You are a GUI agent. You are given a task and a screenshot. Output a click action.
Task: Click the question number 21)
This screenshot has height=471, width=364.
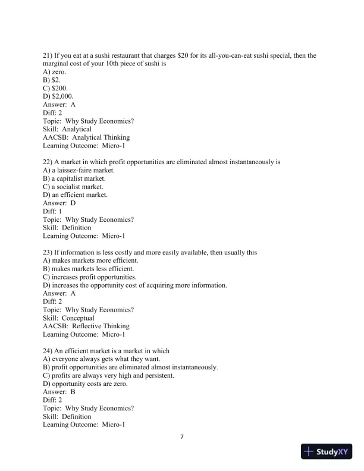[x=48, y=56]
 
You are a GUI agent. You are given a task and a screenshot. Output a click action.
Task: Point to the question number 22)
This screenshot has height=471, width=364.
[x=48, y=162]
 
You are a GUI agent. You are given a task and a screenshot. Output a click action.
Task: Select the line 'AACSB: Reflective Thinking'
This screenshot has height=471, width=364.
[x=86, y=326]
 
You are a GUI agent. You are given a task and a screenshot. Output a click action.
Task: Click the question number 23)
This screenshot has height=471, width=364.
[x=48, y=253]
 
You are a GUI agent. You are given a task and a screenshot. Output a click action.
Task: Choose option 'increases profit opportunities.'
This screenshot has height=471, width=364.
[x=90, y=277]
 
